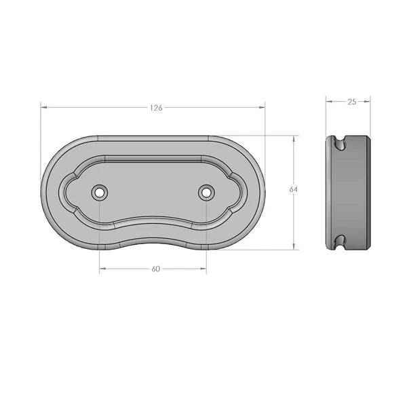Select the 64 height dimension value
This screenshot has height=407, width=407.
(x=294, y=190)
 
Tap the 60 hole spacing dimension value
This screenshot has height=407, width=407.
(x=155, y=269)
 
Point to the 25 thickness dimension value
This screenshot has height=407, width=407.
(x=351, y=102)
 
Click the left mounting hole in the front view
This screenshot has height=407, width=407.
(x=100, y=193)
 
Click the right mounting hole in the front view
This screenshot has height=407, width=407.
(x=206, y=193)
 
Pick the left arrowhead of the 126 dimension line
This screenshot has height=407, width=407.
(x=43, y=107)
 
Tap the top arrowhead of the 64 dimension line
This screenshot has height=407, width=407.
(x=294, y=138)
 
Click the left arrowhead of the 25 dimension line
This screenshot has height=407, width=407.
(x=328, y=102)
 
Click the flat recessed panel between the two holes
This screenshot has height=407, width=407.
(x=153, y=190)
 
